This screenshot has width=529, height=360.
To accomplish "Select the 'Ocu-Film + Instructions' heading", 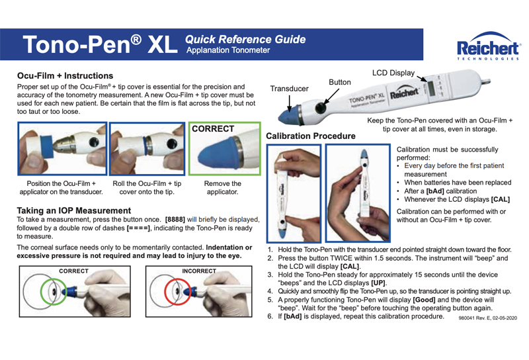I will tap(65, 76).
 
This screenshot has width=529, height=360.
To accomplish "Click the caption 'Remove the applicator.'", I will tap(224, 187).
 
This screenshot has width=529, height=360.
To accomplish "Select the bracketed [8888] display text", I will tap(180, 220).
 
